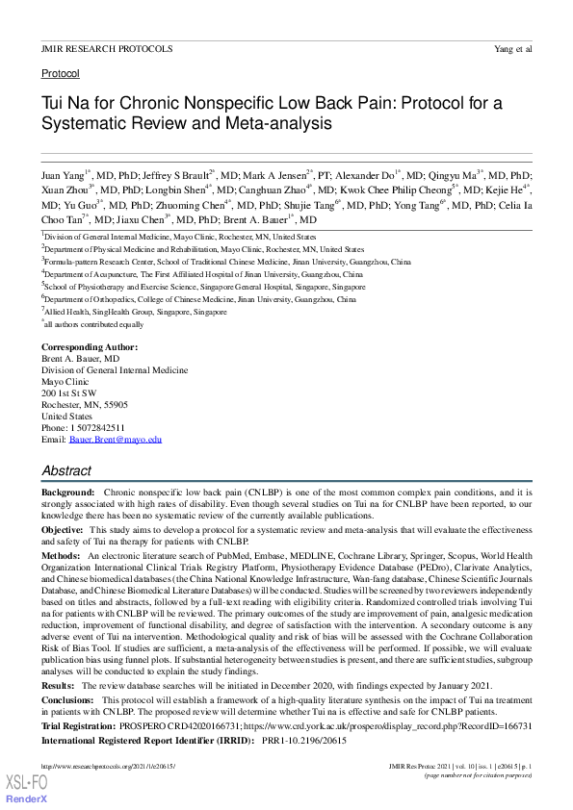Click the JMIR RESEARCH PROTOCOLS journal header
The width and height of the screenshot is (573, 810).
pos(107,48)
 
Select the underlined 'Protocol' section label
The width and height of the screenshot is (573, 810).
pos(60,73)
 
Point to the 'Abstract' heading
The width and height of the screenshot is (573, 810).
pos(66,470)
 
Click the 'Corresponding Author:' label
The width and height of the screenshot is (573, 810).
pos(89,346)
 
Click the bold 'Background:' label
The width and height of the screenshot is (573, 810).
pos(67,492)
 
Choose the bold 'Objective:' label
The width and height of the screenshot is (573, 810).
pos(63,530)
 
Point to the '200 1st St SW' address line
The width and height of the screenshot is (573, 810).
pos(68,392)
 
